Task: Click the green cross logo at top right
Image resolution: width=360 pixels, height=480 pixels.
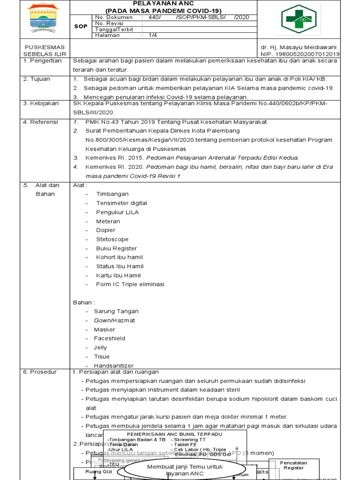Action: point(299,19)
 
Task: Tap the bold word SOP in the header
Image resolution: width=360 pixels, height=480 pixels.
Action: point(81,26)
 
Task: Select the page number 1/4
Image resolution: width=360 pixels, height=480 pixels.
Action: point(153,35)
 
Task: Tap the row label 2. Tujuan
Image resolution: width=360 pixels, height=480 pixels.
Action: point(37,79)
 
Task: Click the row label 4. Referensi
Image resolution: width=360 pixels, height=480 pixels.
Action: point(41,121)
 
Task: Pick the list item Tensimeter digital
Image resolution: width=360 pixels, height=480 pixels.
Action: point(121,203)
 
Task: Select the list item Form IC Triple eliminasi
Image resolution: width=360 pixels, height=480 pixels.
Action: point(130,284)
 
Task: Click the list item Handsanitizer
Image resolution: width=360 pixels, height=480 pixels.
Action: point(113,366)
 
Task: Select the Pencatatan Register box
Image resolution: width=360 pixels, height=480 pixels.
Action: point(293,465)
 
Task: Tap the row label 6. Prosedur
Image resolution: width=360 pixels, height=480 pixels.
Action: point(40,372)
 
